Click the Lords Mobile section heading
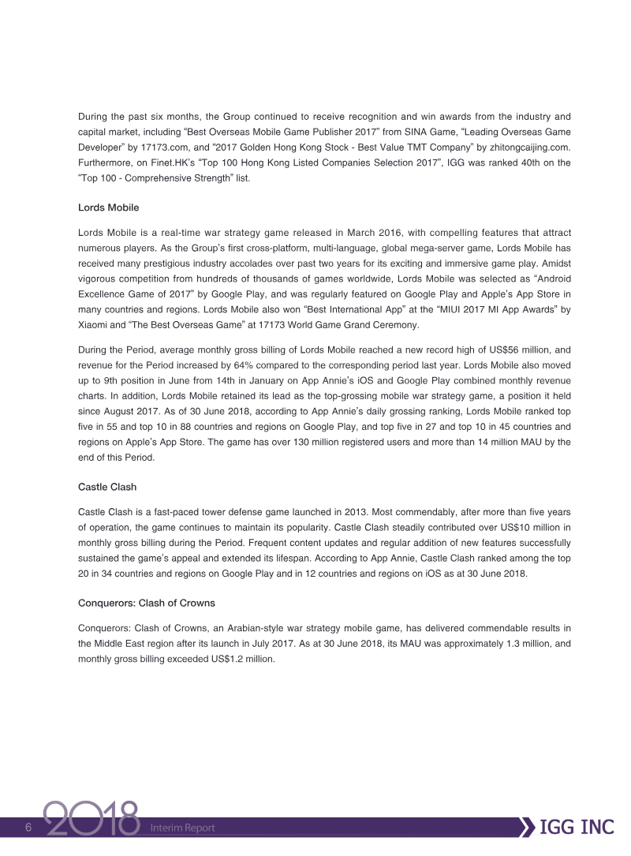click(x=109, y=207)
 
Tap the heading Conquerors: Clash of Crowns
click(x=147, y=603)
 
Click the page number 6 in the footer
click(x=28, y=828)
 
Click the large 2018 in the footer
click(x=91, y=822)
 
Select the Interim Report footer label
click(x=182, y=828)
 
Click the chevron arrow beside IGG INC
click(x=525, y=828)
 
